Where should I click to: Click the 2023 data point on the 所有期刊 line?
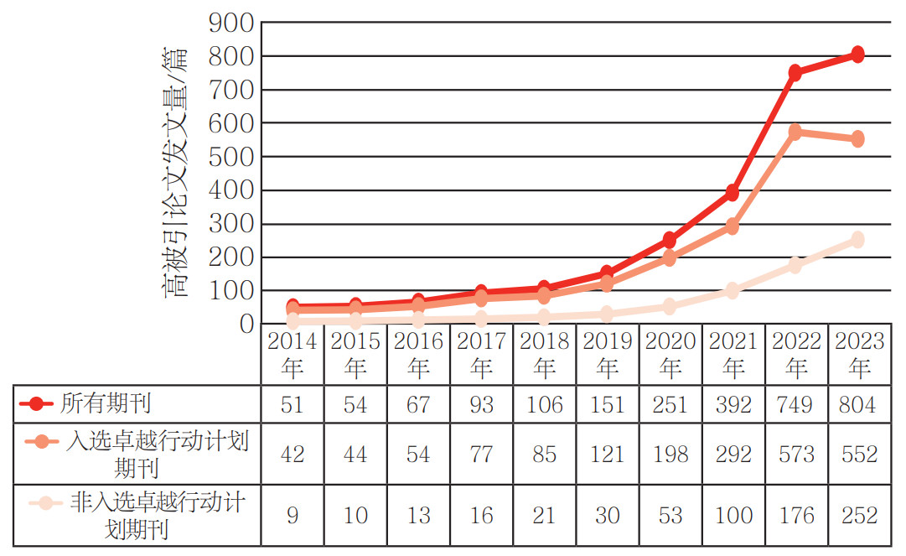click(857, 55)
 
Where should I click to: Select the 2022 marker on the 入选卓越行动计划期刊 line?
click(795, 132)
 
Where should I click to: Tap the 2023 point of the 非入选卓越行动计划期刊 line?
click(857, 240)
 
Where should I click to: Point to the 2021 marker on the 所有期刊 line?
click(732, 193)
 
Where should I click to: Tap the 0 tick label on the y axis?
click(246, 325)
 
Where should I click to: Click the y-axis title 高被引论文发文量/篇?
click(175, 173)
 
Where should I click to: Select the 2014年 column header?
click(293, 354)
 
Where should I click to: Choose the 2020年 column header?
click(670, 354)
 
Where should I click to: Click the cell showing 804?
click(858, 405)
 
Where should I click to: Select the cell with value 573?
click(795, 455)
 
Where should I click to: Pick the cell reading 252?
click(858, 515)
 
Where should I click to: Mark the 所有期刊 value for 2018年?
click(545, 405)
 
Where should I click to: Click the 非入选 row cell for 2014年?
click(293, 515)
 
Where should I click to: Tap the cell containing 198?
click(670, 455)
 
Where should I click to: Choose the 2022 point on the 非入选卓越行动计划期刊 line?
click(795, 265)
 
